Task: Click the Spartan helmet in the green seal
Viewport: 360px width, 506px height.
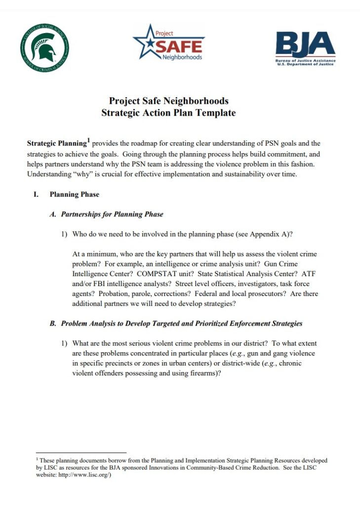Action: click(44, 48)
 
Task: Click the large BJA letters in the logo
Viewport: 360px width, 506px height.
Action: click(305, 44)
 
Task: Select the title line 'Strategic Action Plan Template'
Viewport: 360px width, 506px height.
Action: click(168, 113)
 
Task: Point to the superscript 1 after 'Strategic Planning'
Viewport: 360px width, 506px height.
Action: click(88, 141)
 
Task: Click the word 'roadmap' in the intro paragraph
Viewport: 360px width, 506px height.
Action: click(144, 144)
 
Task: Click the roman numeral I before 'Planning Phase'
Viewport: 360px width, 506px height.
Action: click(36, 194)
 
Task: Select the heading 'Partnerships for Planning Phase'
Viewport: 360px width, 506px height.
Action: click(112, 214)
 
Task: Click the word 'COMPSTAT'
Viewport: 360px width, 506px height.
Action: click(155, 274)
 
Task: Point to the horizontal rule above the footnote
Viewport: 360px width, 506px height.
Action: click(81, 452)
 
